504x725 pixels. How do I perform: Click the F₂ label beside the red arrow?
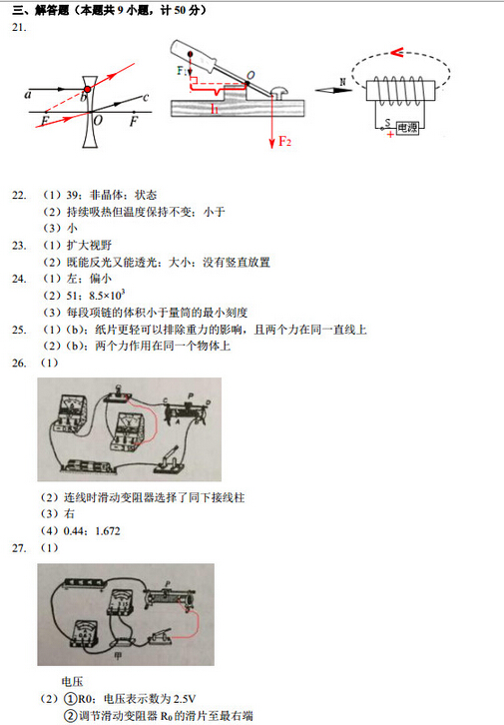[x=284, y=141]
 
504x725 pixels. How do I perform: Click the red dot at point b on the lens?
[x=88, y=91]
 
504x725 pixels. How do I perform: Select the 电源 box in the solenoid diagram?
[x=407, y=128]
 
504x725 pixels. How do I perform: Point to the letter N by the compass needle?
[x=342, y=81]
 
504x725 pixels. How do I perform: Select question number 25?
[x=18, y=329]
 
